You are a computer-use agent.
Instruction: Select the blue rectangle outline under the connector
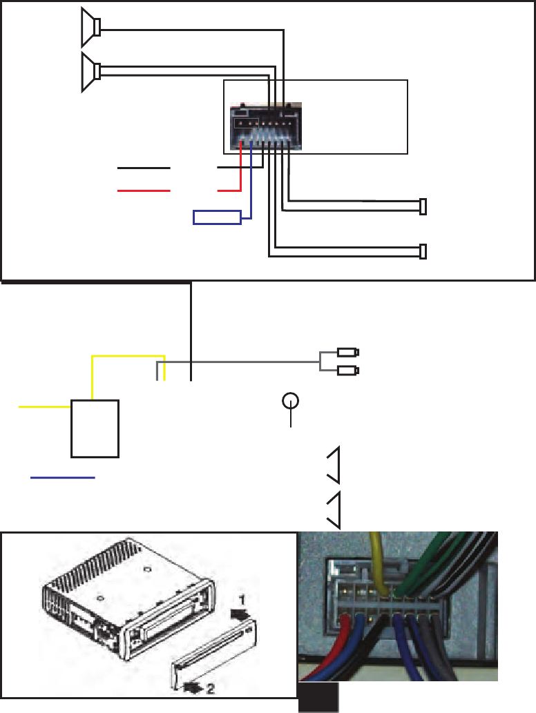[x=217, y=217]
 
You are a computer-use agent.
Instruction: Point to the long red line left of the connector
[x=144, y=190]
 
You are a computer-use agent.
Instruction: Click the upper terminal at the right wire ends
[x=423, y=206]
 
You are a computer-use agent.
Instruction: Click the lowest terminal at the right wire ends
[x=423, y=251]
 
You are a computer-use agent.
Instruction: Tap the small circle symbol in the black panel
[x=291, y=402]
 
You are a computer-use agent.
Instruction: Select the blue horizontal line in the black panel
[x=63, y=477]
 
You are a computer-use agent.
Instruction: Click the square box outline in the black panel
[x=95, y=428]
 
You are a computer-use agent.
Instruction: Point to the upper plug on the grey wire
[x=347, y=352]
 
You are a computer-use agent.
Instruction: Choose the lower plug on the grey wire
[x=347, y=371]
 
